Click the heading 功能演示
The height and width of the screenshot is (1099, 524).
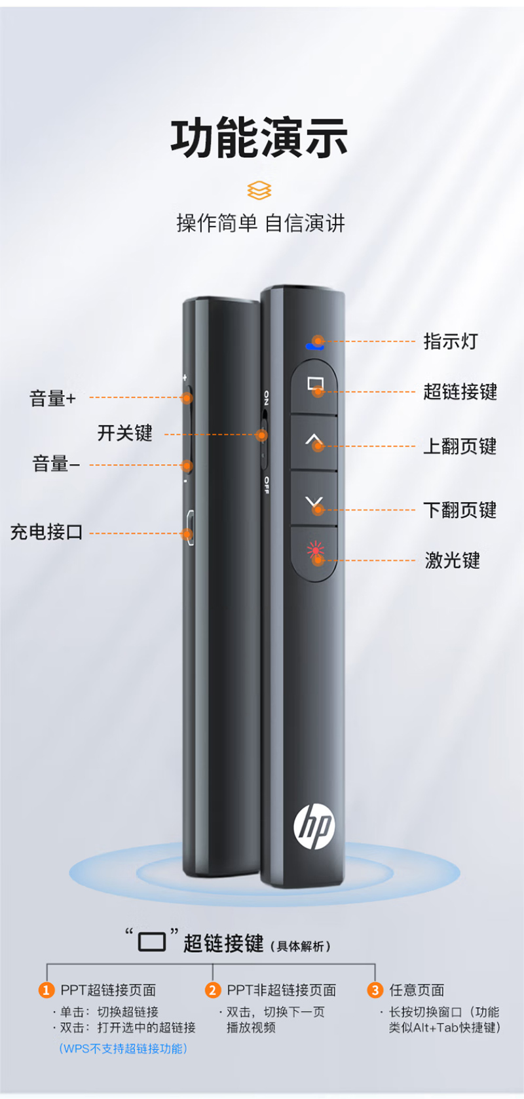[259, 138]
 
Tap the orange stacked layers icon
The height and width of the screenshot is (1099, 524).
[259, 190]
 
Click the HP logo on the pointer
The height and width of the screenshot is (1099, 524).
[314, 826]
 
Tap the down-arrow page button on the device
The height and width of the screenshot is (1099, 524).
[314, 499]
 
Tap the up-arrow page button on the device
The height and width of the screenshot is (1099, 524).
[314, 442]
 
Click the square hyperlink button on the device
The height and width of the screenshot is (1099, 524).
[314, 387]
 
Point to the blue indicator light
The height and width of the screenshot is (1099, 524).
[314, 347]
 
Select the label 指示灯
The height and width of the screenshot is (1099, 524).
[451, 341]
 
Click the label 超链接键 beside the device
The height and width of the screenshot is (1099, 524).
[460, 391]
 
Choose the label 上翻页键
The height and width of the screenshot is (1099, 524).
[460, 446]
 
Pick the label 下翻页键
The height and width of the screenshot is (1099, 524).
[460, 510]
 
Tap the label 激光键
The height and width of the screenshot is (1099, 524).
[452, 560]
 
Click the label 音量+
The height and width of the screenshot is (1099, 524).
[52, 398]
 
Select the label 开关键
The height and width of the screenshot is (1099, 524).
[124, 433]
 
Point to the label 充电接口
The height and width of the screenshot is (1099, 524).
[47, 532]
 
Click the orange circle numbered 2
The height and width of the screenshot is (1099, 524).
[213, 990]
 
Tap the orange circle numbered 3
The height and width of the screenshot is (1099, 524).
[375, 990]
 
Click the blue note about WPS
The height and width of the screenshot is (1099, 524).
[123, 1049]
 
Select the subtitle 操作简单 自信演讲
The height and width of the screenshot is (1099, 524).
[260, 223]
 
